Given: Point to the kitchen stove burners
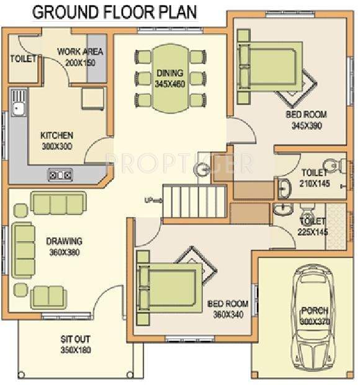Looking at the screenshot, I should [x=60, y=175].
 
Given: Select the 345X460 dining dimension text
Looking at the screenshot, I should [x=169, y=83].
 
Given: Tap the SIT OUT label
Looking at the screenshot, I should [x=76, y=340].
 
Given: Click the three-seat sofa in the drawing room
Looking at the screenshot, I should [x=58, y=203].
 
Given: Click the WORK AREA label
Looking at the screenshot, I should [x=80, y=51].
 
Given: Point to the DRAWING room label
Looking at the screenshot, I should [x=64, y=241].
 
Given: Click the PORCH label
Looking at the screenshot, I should [x=315, y=311].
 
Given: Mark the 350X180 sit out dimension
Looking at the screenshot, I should [x=75, y=351].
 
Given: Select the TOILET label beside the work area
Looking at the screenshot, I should [x=24, y=59].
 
